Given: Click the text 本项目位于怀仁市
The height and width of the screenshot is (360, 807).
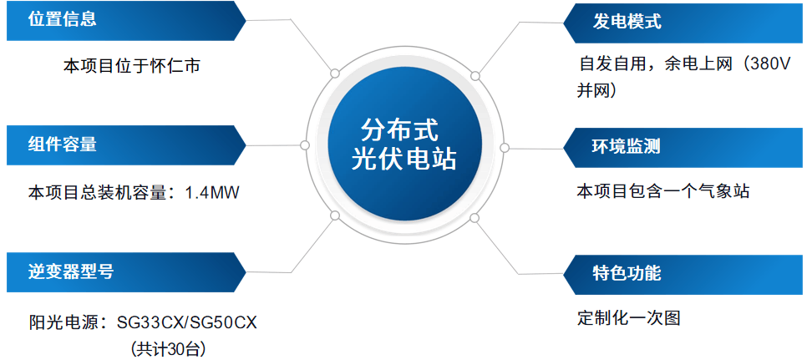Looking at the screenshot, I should (x=132, y=66).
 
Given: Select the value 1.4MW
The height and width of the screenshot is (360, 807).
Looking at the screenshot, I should (x=212, y=192).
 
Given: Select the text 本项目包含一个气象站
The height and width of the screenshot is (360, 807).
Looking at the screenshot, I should (x=662, y=191).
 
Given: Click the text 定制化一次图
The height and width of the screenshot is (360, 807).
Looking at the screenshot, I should (x=628, y=318).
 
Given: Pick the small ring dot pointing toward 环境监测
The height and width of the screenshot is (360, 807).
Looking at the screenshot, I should (x=505, y=146).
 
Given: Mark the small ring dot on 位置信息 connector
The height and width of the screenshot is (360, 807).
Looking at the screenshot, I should (x=334, y=74).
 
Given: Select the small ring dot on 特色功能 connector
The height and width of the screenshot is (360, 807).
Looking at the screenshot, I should (x=475, y=218).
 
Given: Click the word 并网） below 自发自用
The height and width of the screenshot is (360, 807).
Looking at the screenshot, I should (x=596, y=89).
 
